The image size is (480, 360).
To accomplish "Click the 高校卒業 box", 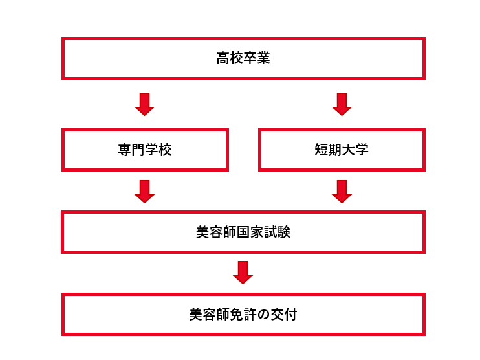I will [x=243, y=58].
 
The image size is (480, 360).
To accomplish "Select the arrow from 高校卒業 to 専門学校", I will [x=144, y=104].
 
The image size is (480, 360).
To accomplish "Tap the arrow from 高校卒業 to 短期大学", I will [x=342, y=104].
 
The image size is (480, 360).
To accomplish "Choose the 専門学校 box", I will [x=145, y=150].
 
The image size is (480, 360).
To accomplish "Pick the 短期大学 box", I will [x=342, y=150].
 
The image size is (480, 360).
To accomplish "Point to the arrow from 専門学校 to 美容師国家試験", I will [x=144, y=192].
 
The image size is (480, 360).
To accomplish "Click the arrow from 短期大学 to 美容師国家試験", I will [x=342, y=192].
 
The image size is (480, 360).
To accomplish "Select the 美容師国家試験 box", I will [x=243, y=232].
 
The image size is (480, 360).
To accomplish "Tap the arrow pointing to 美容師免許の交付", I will [x=243, y=273].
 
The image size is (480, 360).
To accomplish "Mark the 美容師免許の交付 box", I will [x=243, y=314].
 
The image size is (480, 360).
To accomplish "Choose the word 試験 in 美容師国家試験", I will [x=277, y=232].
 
